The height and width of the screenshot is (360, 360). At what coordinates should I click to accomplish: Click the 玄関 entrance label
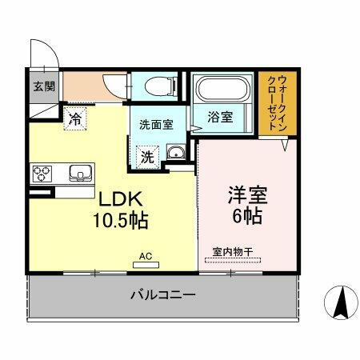(43, 86)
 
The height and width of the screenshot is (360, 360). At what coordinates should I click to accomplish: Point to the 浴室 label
(220, 117)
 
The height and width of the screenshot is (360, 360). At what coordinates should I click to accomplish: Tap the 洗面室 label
(156, 125)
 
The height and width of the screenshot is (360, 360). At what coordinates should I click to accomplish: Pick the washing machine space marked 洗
(148, 155)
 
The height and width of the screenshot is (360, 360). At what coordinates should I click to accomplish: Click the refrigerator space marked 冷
(75, 121)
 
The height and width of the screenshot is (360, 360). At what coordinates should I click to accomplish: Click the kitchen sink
(81, 173)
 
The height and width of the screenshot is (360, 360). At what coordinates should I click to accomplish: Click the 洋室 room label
(246, 194)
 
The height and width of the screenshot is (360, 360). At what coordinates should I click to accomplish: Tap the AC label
(146, 256)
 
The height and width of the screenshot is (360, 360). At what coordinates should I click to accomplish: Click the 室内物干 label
(233, 253)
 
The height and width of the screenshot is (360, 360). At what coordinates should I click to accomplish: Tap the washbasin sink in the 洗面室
(175, 154)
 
